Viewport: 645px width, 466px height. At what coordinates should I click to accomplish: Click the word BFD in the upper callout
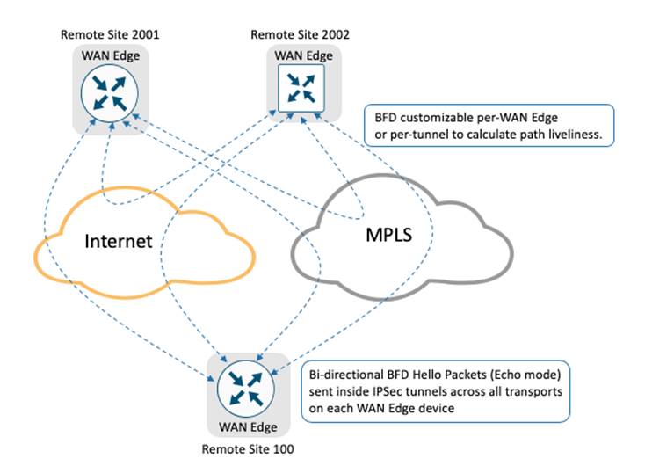coord(388,119)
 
